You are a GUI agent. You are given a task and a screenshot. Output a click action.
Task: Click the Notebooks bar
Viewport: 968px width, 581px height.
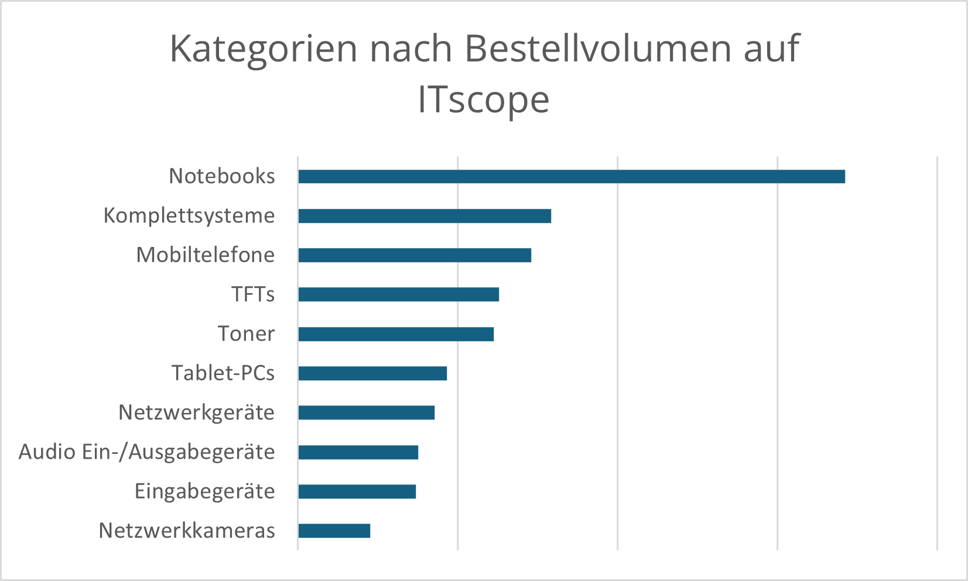pyautogui.click(x=571, y=177)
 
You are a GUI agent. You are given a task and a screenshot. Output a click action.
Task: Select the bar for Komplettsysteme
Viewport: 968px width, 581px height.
pyautogui.click(x=425, y=216)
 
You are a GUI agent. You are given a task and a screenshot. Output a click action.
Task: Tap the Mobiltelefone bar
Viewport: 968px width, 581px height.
pyautogui.click(x=415, y=255)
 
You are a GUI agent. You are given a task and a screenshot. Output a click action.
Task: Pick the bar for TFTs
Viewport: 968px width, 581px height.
pyautogui.click(x=398, y=294)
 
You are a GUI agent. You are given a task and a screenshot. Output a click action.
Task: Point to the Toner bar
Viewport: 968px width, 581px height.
pyautogui.click(x=396, y=334)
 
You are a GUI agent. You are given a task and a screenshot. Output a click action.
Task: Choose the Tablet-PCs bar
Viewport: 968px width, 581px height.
pyautogui.click(x=372, y=373)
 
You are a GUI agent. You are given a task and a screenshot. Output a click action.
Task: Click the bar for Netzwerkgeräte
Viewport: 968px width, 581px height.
pyautogui.click(x=367, y=412)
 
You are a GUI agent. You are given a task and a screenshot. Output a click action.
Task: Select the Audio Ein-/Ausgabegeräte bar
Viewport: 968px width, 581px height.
pyautogui.click(x=358, y=452)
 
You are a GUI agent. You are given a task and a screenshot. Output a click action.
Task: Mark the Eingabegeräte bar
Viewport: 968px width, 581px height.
pyautogui.click(x=357, y=491)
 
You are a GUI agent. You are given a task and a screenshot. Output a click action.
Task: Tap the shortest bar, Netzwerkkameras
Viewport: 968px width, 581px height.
pyautogui.click(x=334, y=531)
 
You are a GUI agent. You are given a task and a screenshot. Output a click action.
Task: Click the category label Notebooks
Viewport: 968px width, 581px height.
pyautogui.click(x=222, y=176)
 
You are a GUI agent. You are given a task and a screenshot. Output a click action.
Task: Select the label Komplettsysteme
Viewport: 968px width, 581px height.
pyautogui.click(x=189, y=216)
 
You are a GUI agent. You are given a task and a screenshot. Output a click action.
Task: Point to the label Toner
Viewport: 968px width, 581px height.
pyautogui.click(x=246, y=334)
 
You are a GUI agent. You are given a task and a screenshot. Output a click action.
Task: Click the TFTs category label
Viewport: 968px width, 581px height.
pyautogui.click(x=253, y=294)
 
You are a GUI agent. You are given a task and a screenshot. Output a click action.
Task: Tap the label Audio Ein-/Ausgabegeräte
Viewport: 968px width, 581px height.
pyautogui.click(x=147, y=452)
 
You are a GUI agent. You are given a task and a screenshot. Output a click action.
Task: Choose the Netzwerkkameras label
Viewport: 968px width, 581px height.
pyautogui.click(x=187, y=531)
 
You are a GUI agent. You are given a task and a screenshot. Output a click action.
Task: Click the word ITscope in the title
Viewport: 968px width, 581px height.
pyautogui.click(x=484, y=100)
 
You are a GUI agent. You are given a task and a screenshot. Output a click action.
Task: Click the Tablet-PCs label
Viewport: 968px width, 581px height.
pyautogui.click(x=223, y=373)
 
